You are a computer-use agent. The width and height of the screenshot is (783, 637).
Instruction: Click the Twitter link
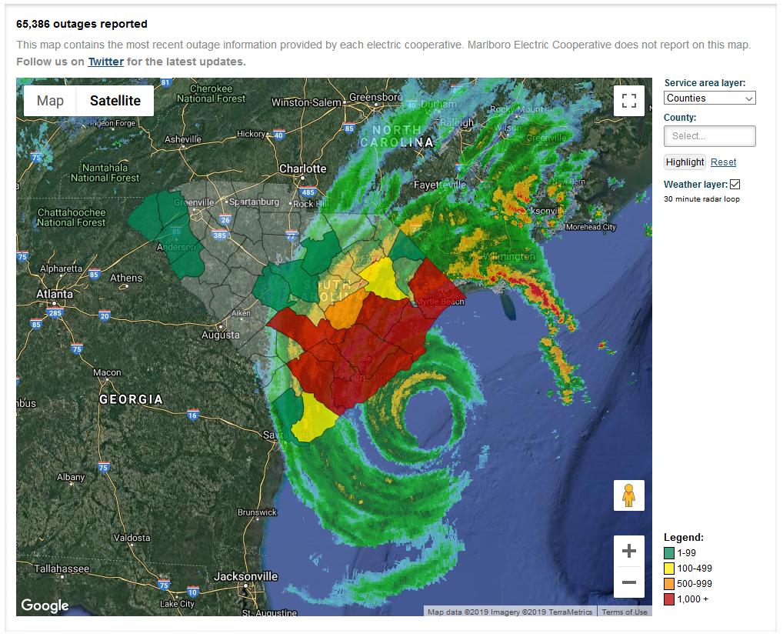pyautogui.click(x=105, y=62)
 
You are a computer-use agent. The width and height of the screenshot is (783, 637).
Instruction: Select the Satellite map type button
pyautogui.click(x=115, y=101)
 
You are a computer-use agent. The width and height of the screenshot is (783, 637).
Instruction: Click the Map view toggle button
pyautogui.click(x=50, y=101)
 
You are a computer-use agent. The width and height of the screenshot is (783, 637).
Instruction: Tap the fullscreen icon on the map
pyautogui.click(x=628, y=101)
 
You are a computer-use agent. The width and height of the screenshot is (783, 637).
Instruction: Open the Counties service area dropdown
pyautogui.click(x=709, y=98)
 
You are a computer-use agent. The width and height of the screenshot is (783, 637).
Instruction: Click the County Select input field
pyautogui.click(x=709, y=136)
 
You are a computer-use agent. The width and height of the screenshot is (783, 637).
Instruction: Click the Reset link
pyautogui.click(x=723, y=162)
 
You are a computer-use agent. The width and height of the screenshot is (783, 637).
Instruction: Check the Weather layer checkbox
pyautogui.click(x=735, y=185)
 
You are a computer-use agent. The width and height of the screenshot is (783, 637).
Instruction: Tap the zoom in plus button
pyautogui.click(x=628, y=551)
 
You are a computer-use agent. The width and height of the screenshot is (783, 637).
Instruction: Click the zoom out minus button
pyautogui.click(x=628, y=582)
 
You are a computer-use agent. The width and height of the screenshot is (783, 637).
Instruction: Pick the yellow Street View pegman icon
pyautogui.click(x=628, y=495)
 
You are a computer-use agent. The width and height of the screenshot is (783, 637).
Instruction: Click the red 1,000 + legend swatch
pyautogui.click(x=669, y=599)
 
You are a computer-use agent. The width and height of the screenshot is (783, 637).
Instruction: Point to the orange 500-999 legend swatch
pyautogui.click(x=669, y=584)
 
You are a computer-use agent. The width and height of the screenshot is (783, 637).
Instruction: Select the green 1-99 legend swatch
pyautogui.click(x=669, y=553)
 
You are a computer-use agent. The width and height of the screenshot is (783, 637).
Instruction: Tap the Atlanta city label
pyautogui.click(x=55, y=294)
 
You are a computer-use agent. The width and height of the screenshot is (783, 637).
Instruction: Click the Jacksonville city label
pyautogui.click(x=245, y=576)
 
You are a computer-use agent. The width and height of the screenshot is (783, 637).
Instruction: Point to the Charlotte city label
pyautogui.click(x=302, y=168)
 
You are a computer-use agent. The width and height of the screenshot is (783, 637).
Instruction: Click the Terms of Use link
pyautogui.click(x=624, y=612)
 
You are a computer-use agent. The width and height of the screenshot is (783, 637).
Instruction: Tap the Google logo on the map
pyautogui.click(x=45, y=605)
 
